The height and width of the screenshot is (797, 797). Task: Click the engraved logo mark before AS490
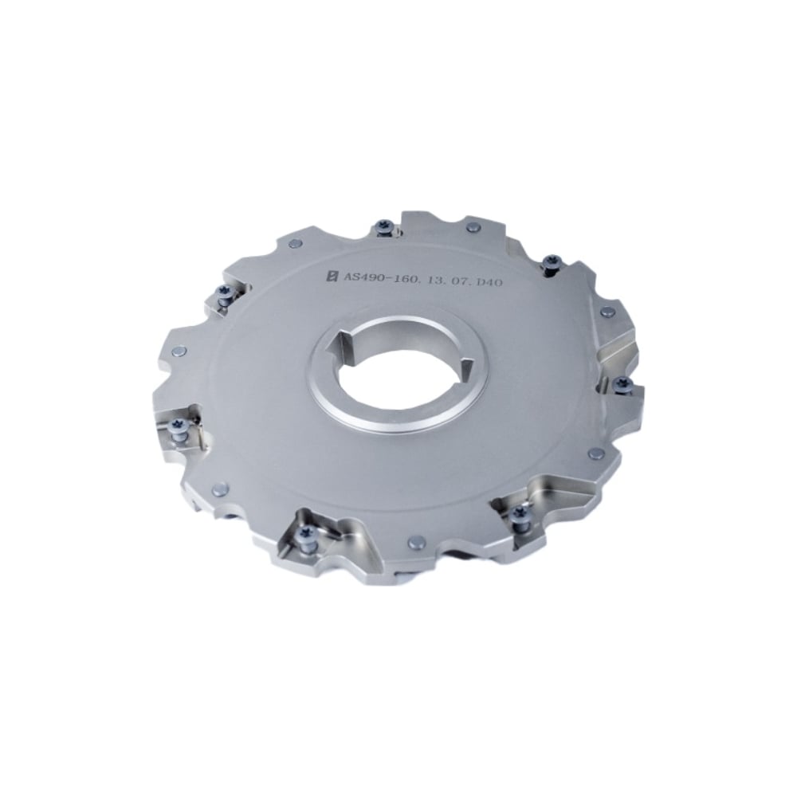(x=333, y=276)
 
